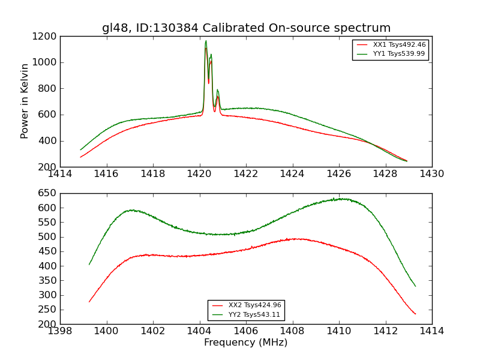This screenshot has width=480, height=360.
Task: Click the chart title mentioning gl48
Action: (x=246, y=28)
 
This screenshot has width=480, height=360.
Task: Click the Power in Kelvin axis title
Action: (x=25, y=101)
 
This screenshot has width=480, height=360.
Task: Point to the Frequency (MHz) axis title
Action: (x=245, y=343)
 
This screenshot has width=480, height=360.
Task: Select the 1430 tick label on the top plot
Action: (x=431, y=174)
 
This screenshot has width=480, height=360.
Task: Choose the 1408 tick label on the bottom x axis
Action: (x=292, y=331)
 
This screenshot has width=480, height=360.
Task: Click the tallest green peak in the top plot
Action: (x=206, y=41)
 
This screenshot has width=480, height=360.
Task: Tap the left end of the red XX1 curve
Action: (x=80, y=157)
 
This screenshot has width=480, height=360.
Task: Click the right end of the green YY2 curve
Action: (x=415, y=286)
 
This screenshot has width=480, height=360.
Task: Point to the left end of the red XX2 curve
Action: (x=89, y=302)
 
